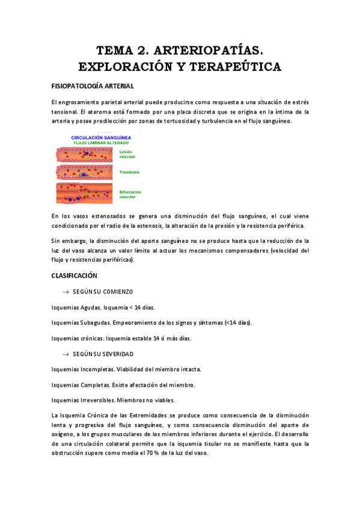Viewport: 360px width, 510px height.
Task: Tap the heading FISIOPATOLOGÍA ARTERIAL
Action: tap(93, 86)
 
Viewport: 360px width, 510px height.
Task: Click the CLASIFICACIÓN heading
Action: tap(75, 275)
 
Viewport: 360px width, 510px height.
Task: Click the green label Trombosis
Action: tap(130, 173)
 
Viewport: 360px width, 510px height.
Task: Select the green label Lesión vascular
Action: tap(126, 155)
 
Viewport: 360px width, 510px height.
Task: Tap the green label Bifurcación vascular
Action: tap(131, 194)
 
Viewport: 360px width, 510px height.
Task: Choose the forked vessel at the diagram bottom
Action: tap(84, 194)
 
